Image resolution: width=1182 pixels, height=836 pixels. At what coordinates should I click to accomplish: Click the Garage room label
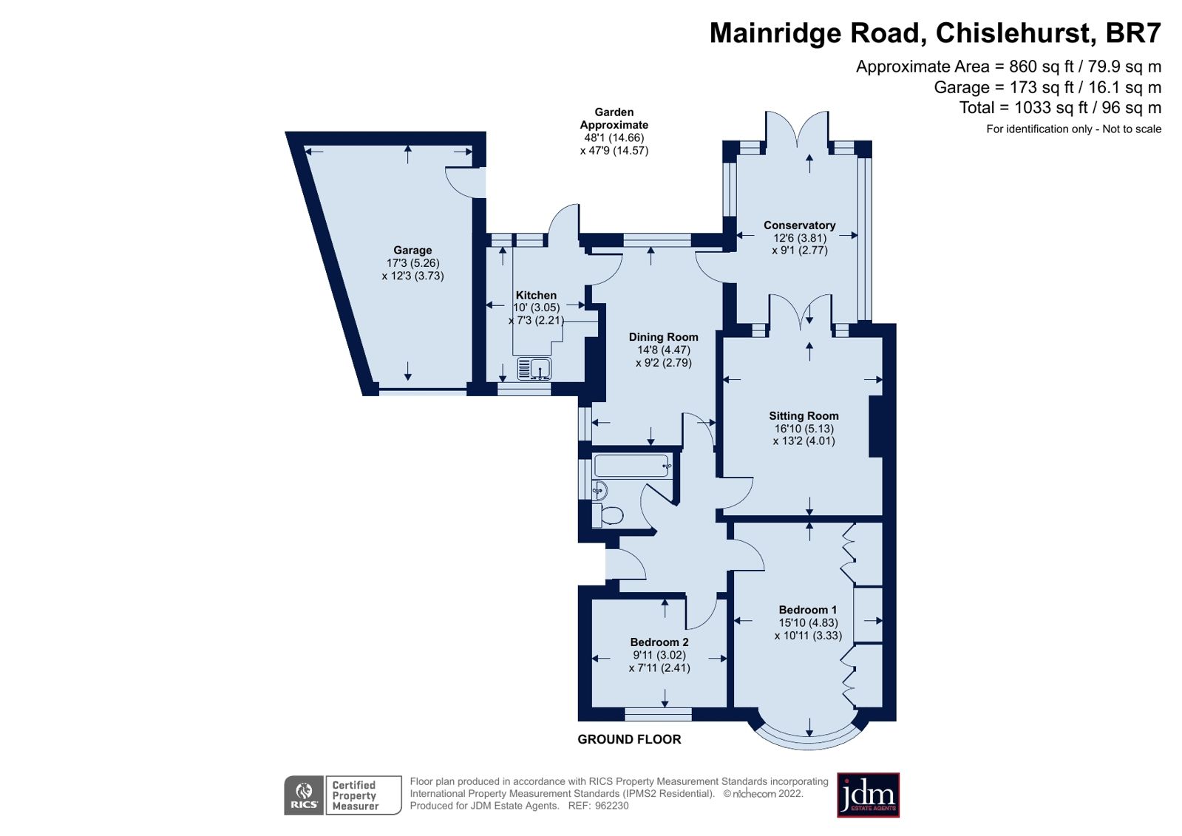pyautogui.click(x=412, y=251)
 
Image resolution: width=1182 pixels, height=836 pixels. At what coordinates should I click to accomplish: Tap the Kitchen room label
pyautogui.click(x=536, y=295)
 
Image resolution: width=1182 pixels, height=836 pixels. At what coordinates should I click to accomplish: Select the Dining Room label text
pyautogui.click(x=663, y=337)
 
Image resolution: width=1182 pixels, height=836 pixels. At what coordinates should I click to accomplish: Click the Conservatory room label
pyautogui.click(x=799, y=225)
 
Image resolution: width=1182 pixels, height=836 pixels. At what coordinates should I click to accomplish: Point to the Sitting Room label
pyautogui.click(x=804, y=416)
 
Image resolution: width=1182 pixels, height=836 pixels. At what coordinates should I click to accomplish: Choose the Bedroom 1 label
pyautogui.click(x=807, y=610)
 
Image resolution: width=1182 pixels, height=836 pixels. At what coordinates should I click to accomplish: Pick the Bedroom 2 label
pyautogui.click(x=659, y=642)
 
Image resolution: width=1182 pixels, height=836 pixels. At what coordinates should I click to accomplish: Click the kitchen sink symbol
pyautogui.click(x=533, y=367)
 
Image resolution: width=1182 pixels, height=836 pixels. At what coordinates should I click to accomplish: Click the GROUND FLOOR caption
pyautogui.click(x=629, y=739)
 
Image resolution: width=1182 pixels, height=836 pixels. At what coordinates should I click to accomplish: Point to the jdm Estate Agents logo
pyautogui.click(x=868, y=795)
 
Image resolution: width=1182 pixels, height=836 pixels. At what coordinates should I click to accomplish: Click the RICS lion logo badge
pyautogui.click(x=304, y=795)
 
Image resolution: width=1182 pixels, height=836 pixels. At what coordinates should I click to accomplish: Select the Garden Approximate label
pyautogui.click(x=614, y=118)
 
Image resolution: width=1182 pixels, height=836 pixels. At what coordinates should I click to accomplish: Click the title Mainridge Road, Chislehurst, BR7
pyautogui.click(x=935, y=33)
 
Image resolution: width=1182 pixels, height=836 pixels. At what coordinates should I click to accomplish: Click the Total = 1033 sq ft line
pyautogui.click(x=1059, y=108)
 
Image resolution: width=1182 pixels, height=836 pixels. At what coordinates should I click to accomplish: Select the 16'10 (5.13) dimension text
pyautogui.click(x=804, y=429)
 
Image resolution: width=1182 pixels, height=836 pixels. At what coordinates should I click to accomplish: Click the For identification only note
pyautogui.click(x=1073, y=129)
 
